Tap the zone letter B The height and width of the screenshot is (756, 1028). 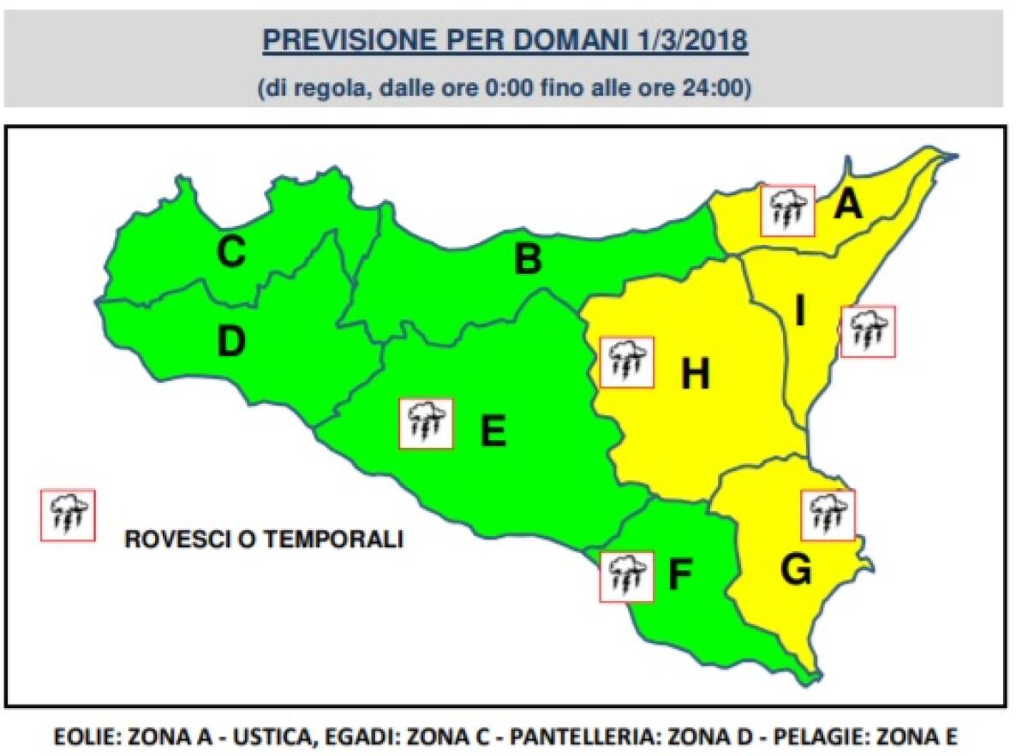528,259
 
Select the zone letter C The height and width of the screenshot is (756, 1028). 231,252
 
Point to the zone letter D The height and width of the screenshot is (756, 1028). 230,342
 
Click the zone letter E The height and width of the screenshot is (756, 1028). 493,430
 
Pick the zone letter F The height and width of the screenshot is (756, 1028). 678,576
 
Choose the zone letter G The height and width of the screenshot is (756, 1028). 797,570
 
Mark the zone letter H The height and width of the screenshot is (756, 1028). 695,373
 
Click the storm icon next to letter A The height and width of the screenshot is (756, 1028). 787,210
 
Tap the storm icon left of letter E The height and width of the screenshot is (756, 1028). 426,423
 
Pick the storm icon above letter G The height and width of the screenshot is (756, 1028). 828,515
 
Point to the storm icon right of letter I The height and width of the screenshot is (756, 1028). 868,331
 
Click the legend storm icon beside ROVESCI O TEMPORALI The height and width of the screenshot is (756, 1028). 68,515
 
